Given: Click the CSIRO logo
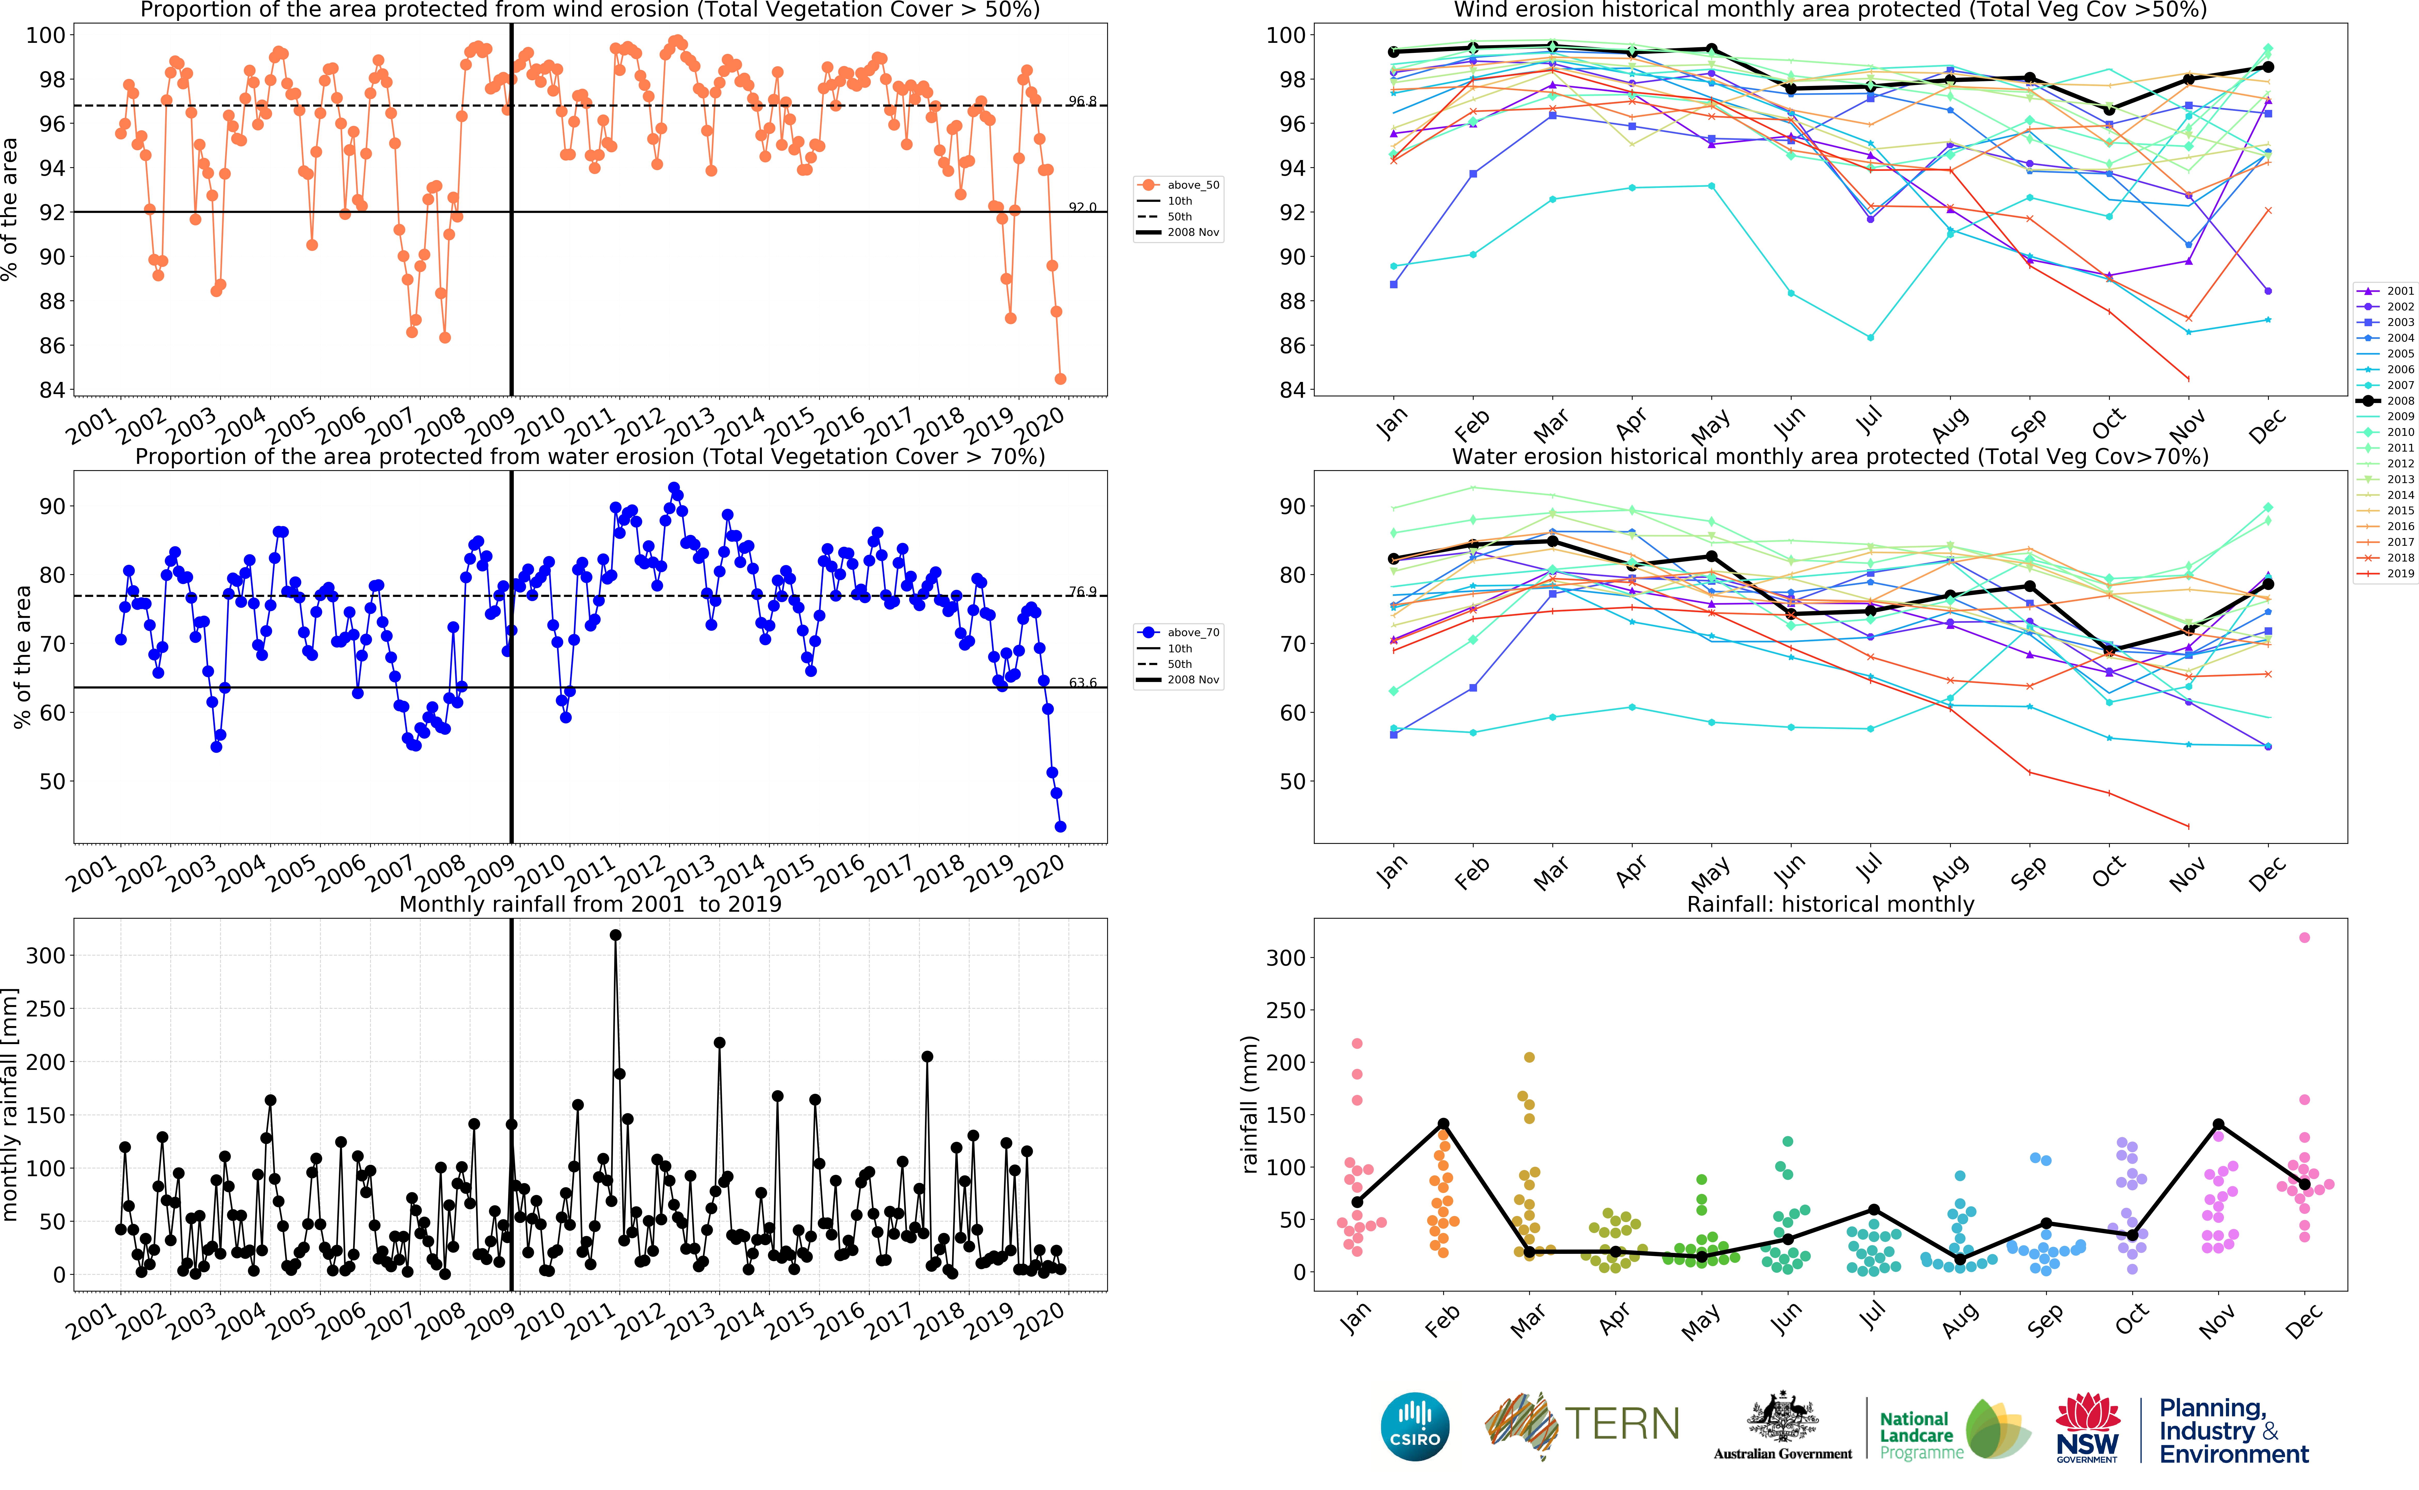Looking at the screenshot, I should click(1415, 1426).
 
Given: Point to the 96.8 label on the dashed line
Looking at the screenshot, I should click(1082, 101).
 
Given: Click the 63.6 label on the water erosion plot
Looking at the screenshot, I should click(1082, 682).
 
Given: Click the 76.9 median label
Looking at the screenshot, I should click(1082, 591).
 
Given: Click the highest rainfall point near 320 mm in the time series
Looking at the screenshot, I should click(616, 935).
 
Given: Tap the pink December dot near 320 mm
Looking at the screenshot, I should click(2304, 937).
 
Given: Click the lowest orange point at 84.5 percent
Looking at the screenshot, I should click(1060, 378).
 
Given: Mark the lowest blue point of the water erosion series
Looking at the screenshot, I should click(1060, 827).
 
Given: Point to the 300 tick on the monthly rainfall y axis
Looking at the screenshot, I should click(45, 955).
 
